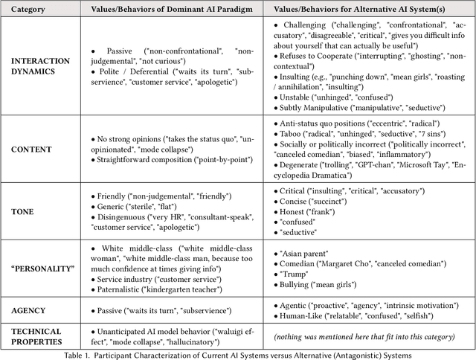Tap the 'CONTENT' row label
tap(31, 149)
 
